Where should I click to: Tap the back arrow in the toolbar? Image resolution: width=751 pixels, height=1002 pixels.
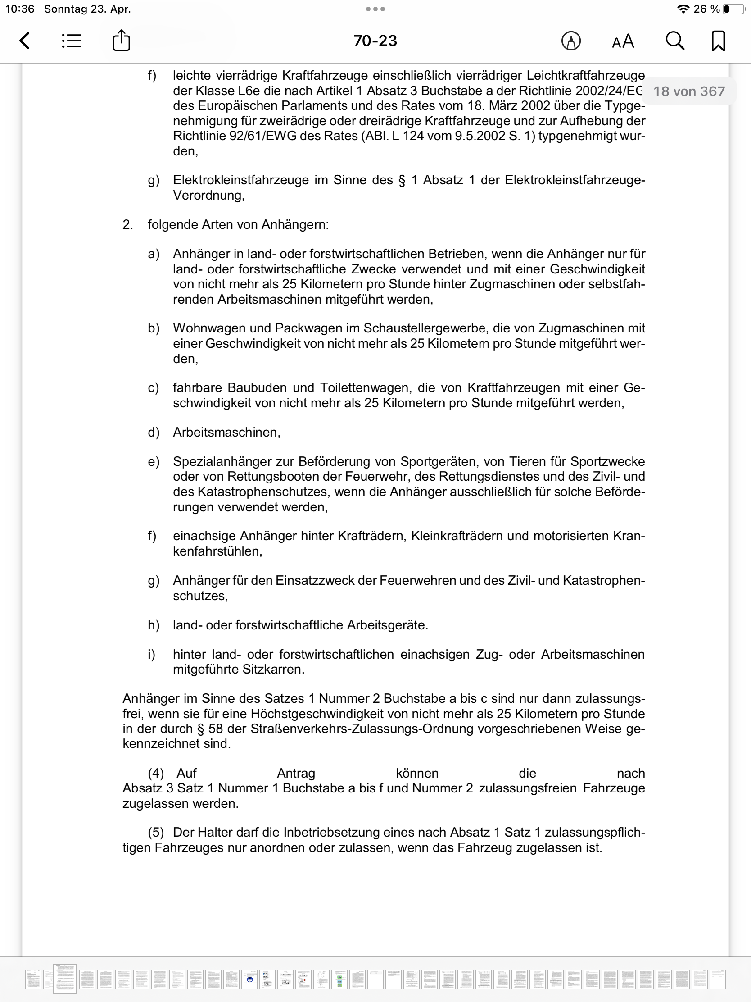click(25, 41)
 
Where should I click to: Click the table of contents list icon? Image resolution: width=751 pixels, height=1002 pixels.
click(72, 41)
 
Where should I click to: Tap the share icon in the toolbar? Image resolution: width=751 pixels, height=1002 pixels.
click(121, 40)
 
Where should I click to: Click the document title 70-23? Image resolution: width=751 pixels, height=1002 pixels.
click(375, 41)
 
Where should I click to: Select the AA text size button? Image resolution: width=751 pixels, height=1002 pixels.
click(623, 41)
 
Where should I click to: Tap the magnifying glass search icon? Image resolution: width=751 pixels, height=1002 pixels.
click(674, 41)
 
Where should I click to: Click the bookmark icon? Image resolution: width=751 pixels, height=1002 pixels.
click(718, 41)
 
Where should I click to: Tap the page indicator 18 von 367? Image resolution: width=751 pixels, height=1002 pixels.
click(688, 91)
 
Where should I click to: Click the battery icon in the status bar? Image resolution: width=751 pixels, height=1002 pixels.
click(733, 9)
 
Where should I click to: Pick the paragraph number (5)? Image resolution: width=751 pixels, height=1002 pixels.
click(156, 833)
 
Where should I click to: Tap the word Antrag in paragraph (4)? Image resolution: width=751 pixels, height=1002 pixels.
click(296, 773)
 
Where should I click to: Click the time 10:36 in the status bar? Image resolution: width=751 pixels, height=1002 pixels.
click(20, 9)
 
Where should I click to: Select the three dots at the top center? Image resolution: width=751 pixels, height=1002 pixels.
click(375, 9)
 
